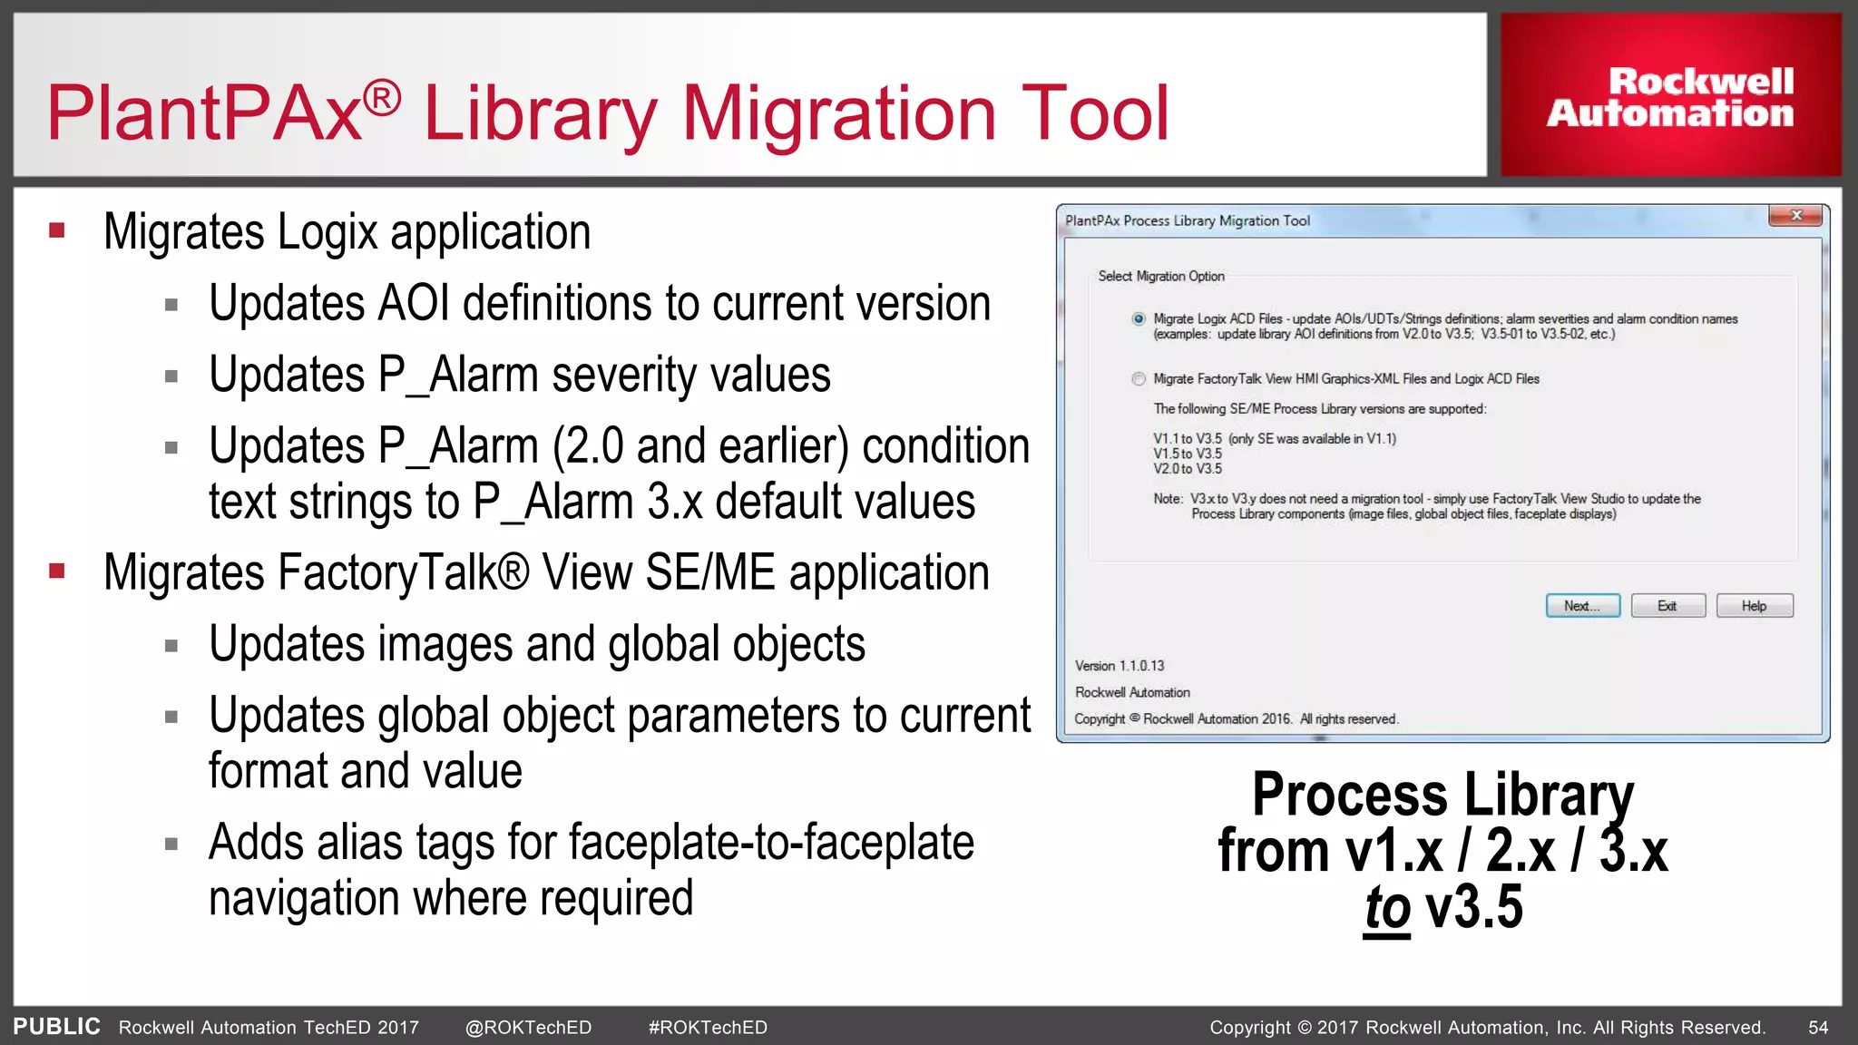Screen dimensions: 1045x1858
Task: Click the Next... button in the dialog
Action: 1582,606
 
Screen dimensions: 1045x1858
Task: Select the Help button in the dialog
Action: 1754,606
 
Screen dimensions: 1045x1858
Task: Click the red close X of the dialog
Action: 1795,216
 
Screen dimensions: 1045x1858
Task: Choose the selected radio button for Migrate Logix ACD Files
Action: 1139,319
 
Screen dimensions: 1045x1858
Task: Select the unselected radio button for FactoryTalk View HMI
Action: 1139,379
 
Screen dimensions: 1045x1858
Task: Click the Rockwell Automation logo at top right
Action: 1670,96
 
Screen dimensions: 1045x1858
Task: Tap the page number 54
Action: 1818,1028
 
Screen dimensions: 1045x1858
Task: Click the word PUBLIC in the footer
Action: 56,1027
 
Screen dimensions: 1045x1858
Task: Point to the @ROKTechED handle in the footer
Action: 528,1028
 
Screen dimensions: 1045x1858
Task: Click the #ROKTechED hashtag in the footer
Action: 708,1028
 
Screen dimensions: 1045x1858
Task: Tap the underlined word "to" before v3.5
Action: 1387,908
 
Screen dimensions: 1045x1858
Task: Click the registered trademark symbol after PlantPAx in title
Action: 382,97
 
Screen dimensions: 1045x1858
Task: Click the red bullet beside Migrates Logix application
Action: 57,230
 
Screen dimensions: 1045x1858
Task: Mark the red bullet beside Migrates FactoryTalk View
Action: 57,571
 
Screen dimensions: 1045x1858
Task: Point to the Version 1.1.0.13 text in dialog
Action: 1120,666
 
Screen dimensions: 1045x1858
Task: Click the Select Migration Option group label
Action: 1160,276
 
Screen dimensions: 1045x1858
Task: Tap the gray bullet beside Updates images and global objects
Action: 171,646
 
